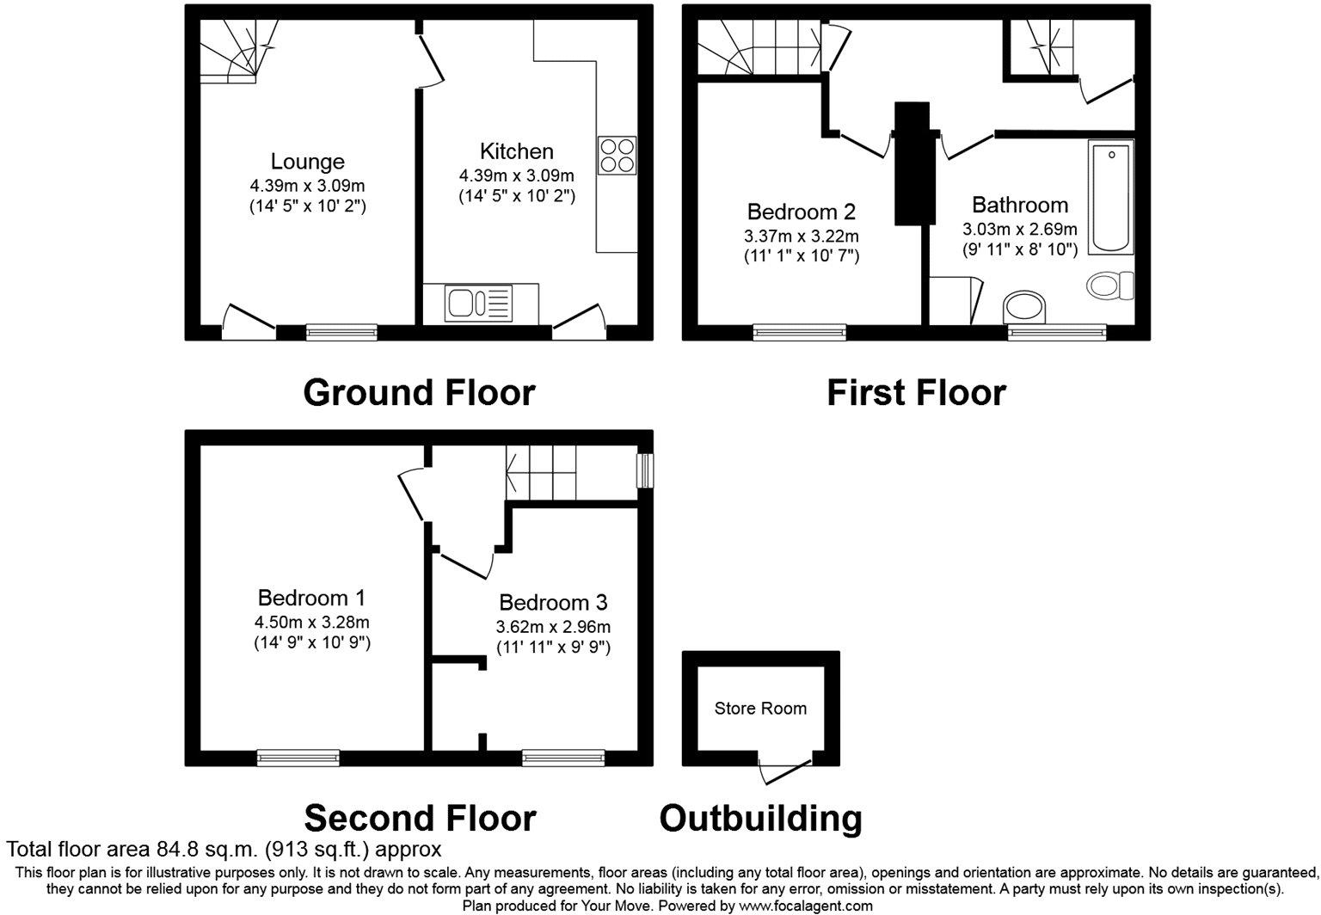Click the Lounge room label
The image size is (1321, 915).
click(x=308, y=162)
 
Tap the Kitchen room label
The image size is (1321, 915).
click(x=516, y=151)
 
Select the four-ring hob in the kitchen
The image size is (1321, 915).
click(x=617, y=156)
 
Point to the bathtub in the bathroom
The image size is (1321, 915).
click(x=1110, y=196)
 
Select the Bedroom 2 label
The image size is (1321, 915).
click(x=802, y=212)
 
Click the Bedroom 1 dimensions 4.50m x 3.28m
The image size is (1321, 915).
click(x=312, y=622)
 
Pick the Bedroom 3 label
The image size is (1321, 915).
click(x=553, y=602)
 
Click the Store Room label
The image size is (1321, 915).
click(x=760, y=709)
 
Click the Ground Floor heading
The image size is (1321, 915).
click(x=419, y=393)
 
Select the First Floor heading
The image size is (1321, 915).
click(x=916, y=393)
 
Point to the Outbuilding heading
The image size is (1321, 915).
click(x=760, y=818)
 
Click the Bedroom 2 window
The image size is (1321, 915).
click(x=800, y=332)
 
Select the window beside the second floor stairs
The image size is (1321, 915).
click(x=644, y=470)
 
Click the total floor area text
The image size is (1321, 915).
click(x=224, y=850)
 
